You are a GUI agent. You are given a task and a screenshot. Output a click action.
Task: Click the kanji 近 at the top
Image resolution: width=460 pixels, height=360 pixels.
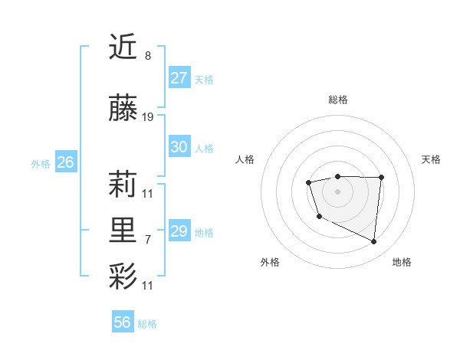click(123, 47)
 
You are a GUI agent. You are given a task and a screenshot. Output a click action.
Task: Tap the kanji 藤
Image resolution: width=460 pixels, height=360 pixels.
click(123, 110)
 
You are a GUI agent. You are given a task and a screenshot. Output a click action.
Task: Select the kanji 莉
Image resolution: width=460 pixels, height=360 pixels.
click(123, 185)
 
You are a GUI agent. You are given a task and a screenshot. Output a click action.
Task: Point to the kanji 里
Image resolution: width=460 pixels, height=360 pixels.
click(123, 231)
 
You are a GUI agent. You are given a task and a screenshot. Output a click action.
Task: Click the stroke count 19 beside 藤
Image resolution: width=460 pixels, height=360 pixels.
click(148, 117)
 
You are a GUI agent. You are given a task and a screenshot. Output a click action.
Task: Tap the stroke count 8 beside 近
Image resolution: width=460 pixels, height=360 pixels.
click(147, 56)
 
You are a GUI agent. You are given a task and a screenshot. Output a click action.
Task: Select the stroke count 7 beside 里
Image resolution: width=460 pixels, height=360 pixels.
click(147, 239)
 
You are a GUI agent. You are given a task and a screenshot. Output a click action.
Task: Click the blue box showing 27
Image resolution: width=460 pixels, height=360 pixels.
click(179, 78)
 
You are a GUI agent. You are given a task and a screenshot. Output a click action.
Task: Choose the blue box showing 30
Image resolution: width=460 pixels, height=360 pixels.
click(179, 147)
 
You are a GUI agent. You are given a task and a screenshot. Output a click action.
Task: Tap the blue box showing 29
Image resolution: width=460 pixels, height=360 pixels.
click(179, 231)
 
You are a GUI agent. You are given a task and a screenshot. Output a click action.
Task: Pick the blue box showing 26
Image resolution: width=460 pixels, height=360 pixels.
click(65, 162)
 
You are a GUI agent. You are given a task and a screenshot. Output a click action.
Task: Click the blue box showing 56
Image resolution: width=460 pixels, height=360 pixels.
click(123, 322)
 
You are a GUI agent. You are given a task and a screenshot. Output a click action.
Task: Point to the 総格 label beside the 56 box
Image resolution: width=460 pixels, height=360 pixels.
click(147, 324)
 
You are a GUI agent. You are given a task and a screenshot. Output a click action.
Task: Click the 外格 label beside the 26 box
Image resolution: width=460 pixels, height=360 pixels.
click(41, 163)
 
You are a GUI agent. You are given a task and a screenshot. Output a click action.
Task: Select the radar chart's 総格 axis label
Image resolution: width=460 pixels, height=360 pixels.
click(337, 100)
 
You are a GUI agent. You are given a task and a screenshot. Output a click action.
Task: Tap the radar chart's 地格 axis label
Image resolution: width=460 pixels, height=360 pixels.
click(402, 262)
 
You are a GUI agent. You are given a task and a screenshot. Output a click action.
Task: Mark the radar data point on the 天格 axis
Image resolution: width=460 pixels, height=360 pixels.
click(381, 178)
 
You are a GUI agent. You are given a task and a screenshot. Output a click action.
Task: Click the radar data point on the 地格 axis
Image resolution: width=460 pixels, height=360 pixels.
click(374, 242)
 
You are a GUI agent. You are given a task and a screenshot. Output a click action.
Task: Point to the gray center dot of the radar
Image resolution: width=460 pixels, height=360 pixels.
click(337, 191)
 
